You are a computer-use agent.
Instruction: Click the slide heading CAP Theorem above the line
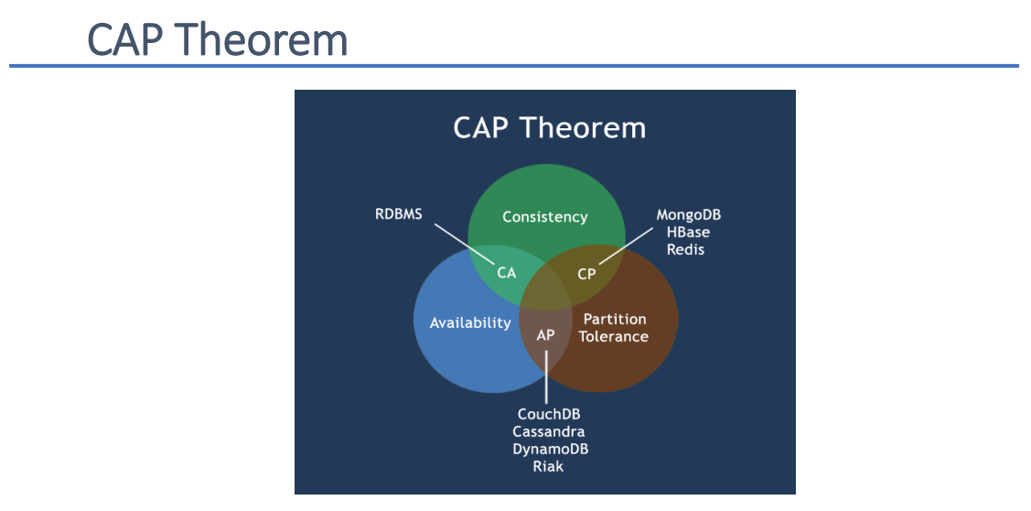(x=218, y=40)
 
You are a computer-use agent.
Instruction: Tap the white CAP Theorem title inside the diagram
(x=549, y=127)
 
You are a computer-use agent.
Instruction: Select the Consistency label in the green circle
(x=545, y=217)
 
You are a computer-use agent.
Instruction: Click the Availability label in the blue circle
(x=470, y=322)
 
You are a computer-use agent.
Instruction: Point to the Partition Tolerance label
(x=614, y=328)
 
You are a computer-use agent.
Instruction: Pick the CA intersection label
(x=507, y=272)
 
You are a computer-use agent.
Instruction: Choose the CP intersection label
(x=586, y=273)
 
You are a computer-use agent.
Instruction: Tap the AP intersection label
(x=545, y=335)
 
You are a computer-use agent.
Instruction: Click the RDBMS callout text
(x=399, y=215)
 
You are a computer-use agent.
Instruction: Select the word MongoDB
(x=689, y=215)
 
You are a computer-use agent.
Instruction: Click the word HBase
(x=688, y=233)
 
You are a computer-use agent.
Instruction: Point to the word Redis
(x=685, y=249)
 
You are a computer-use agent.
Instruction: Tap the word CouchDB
(x=549, y=414)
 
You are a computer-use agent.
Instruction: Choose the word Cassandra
(x=549, y=431)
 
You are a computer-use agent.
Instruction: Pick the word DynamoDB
(x=550, y=449)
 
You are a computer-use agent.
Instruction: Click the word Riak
(x=549, y=466)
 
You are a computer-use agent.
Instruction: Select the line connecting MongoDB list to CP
(x=624, y=245)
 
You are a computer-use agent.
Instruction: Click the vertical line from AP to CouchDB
(x=546, y=375)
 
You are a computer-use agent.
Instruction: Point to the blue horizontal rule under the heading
(x=513, y=66)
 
